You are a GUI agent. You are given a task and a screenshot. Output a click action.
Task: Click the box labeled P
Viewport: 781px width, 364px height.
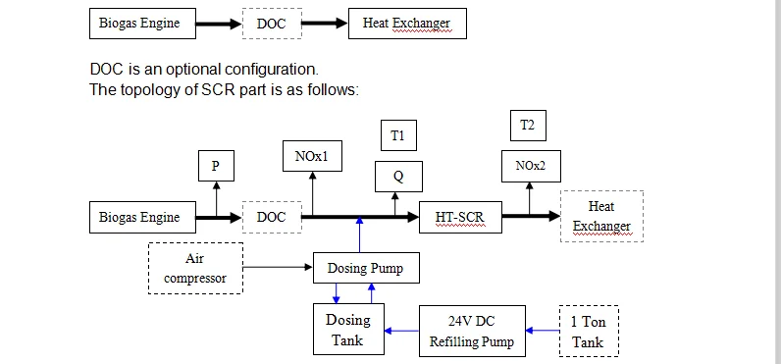pyautogui.click(x=216, y=166)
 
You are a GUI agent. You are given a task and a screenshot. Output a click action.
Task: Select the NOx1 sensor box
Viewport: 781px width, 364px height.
pyautogui.click(x=312, y=157)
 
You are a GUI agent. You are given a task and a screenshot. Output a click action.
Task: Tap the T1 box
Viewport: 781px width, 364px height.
pyautogui.click(x=397, y=136)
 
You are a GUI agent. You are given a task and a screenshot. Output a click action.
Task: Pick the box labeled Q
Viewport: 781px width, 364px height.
pyautogui.click(x=397, y=177)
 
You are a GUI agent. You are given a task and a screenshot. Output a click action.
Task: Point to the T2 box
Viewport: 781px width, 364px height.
pyautogui.click(x=528, y=126)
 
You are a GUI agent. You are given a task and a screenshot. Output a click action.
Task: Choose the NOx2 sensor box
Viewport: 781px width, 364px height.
pyautogui.click(x=530, y=166)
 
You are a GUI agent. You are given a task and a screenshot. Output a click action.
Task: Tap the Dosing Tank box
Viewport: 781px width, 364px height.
pyautogui.click(x=347, y=330)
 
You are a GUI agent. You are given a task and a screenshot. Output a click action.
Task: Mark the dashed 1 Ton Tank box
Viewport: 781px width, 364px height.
pyautogui.click(x=589, y=332)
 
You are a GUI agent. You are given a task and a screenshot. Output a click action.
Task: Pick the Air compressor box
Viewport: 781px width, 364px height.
pyautogui.click(x=195, y=268)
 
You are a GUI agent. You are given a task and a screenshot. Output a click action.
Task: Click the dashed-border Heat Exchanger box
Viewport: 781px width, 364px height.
pyautogui.click(x=601, y=217)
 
